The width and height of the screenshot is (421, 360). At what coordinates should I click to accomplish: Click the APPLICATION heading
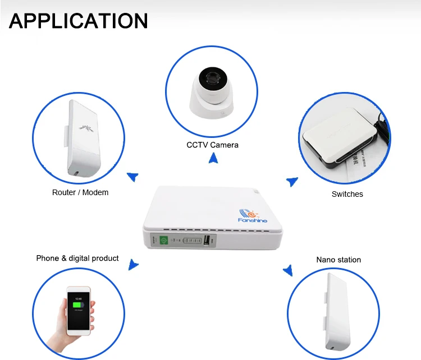coord(79,21)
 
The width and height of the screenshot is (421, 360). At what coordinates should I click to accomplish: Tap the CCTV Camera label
coord(212,145)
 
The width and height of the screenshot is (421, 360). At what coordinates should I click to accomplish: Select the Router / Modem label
coord(80,192)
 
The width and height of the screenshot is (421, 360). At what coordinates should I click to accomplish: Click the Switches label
coord(347,194)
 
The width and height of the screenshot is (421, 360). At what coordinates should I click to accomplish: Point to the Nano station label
coord(338,260)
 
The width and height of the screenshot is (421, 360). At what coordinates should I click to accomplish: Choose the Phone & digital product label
coord(77,259)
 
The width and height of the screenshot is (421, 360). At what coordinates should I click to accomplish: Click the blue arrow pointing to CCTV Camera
coord(213,159)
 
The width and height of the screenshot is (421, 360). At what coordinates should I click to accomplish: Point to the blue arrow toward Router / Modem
coord(132,177)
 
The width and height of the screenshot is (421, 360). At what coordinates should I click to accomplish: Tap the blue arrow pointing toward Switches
coord(292,181)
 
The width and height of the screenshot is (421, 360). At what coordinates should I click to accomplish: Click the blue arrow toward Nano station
coord(288,271)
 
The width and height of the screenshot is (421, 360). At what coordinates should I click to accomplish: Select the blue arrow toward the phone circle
coord(133,264)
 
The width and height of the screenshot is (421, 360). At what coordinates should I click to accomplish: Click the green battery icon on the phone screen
coord(78,306)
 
